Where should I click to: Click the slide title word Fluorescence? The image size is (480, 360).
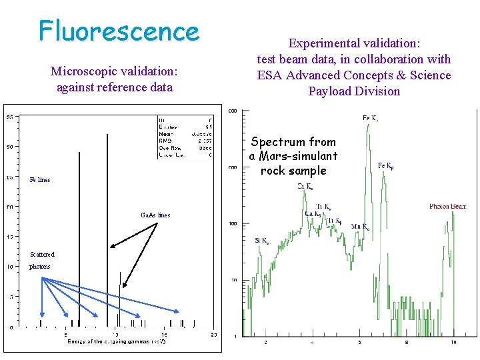(x=119, y=31)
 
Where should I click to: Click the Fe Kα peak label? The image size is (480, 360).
(x=371, y=119)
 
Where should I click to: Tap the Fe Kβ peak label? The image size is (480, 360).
(x=389, y=165)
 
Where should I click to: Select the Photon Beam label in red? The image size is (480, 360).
(x=447, y=207)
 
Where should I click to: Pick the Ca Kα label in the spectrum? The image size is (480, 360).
(x=305, y=187)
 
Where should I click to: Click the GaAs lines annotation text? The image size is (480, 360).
(x=155, y=215)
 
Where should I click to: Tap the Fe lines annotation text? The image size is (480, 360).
(x=39, y=180)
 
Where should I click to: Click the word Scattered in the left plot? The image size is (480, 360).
(x=41, y=254)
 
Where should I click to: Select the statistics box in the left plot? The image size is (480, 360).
(x=185, y=137)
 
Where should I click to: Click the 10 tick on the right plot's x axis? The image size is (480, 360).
(x=453, y=343)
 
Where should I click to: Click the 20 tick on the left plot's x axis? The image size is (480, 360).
(x=213, y=334)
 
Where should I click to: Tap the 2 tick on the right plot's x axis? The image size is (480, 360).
(x=265, y=343)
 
